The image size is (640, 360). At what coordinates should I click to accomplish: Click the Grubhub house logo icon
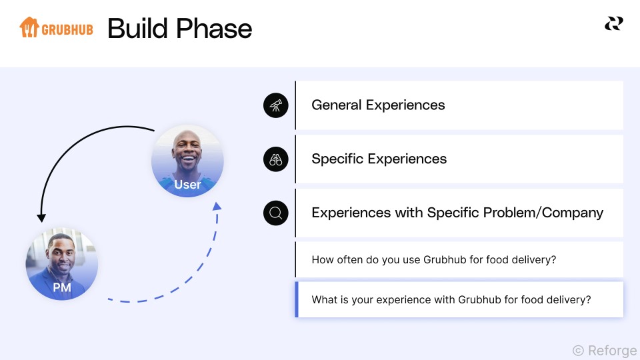(29, 27)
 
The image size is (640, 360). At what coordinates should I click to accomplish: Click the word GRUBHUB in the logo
(67, 30)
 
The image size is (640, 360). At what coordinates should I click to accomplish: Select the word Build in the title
(137, 29)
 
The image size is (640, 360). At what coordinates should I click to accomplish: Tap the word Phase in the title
(214, 29)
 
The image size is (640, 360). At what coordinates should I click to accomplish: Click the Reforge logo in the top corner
(614, 24)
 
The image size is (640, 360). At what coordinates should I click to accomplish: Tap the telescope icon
(276, 105)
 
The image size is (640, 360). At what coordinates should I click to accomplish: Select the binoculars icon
(276, 159)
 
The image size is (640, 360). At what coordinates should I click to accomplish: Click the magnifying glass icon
(276, 213)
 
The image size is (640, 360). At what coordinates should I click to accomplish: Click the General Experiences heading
(378, 105)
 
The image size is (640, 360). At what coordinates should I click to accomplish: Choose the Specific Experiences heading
(379, 159)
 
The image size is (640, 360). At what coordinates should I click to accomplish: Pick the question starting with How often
(434, 259)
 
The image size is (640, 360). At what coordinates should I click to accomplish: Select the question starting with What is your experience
(451, 299)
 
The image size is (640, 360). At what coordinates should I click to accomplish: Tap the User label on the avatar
(188, 185)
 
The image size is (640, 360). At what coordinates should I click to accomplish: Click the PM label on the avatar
(62, 287)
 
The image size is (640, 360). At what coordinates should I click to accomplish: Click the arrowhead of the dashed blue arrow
(217, 206)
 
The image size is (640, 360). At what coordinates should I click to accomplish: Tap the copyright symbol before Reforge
(579, 350)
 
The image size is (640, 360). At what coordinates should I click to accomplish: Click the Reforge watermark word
(612, 351)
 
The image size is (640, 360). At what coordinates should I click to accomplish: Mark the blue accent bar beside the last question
(297, 299)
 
